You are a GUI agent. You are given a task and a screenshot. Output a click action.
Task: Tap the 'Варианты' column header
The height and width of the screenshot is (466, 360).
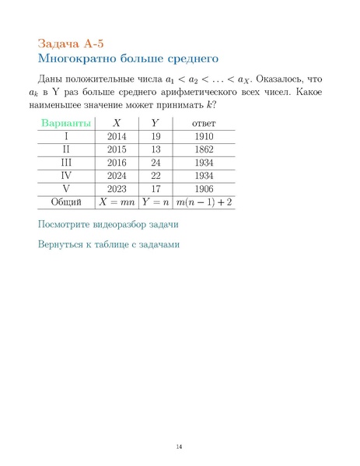click(66, 123)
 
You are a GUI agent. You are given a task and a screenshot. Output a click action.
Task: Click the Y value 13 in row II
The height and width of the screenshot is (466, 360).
click(156, 149)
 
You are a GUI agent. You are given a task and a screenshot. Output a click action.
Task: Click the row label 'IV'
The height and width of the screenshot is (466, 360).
click(66, 176)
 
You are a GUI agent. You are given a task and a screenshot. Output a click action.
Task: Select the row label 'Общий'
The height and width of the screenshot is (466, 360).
click(66, 202)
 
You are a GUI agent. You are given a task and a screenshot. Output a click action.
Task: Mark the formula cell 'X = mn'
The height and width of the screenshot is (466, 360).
click(117, 202)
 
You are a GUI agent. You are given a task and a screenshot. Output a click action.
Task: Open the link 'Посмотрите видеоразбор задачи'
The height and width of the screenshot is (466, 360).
click(108, 225)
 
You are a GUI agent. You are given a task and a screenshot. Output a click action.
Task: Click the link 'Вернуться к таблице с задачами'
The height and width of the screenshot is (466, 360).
click(109, 244)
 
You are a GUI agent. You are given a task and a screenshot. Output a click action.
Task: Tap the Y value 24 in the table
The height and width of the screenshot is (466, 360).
click(156, 163)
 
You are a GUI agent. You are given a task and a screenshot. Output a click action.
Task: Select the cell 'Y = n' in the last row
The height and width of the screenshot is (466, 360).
click(156, 202)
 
